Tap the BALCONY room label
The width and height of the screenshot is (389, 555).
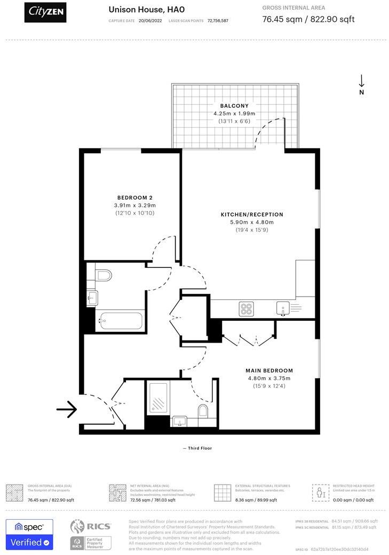pos(234,106)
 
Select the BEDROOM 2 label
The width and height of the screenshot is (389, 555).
pos(134,197)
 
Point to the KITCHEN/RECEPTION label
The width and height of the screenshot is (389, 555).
pos(252,215)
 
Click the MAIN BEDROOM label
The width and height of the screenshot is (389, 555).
pos(269,370)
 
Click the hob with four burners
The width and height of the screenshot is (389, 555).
pos(246,308)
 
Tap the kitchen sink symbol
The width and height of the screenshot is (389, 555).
pos(282,308)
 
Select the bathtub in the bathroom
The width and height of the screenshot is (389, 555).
pos(120,321)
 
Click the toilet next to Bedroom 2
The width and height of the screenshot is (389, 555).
pos(104,275)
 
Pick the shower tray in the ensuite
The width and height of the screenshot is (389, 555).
pos(158,398)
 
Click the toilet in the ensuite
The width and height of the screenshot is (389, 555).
pos(203,410)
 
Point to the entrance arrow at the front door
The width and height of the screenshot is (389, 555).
pos(67,409)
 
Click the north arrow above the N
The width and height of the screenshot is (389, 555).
pos(361,81)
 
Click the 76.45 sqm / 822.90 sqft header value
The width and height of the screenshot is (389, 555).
pos(308,20)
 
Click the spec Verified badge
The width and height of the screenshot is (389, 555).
pos(29,534)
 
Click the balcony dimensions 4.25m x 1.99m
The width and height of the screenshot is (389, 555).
pos(234,114)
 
